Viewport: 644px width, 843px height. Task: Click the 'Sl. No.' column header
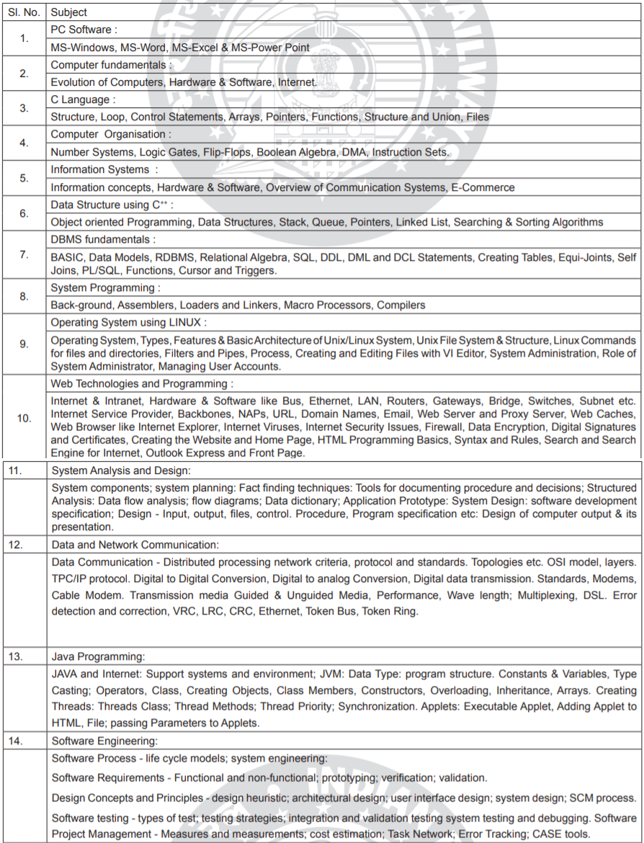coord(24,12)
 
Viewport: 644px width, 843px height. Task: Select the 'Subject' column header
coord(70,12)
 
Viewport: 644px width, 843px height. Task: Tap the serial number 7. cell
coord(24,256)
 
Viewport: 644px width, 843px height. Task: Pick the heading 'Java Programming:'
coord(99,656)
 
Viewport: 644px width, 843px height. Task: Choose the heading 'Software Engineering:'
coord(104,741)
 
